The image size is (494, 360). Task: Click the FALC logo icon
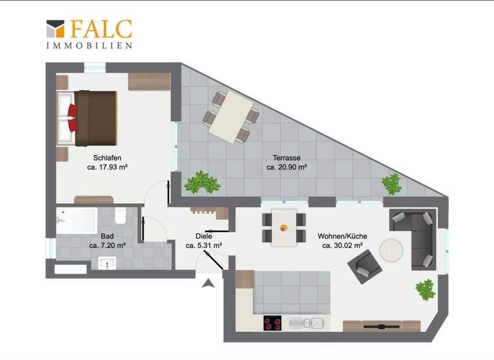[56, 29]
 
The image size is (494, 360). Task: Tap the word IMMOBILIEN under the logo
[89, 46]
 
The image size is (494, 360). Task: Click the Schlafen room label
[107, 157]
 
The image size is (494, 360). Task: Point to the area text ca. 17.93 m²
[107, 167]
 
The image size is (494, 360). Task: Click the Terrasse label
[286, 157]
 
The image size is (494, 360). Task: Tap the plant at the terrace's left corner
[202, 183]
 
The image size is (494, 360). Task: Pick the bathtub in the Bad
[76, 221]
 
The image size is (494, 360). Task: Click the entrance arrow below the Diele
[208, 283]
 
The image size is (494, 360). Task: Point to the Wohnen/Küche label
[342, 235]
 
